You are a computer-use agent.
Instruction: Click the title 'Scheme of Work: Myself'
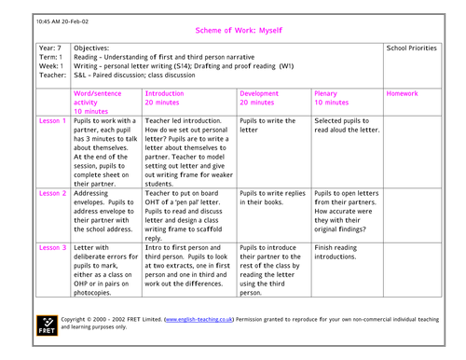[x=233, y=30]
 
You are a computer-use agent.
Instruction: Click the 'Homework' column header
[x=402, y=94]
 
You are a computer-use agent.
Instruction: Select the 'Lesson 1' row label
[x=52, y=121]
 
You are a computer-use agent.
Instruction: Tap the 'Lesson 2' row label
[x=52, y=193]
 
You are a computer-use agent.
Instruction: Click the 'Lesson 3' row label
[x=52, y=248]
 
